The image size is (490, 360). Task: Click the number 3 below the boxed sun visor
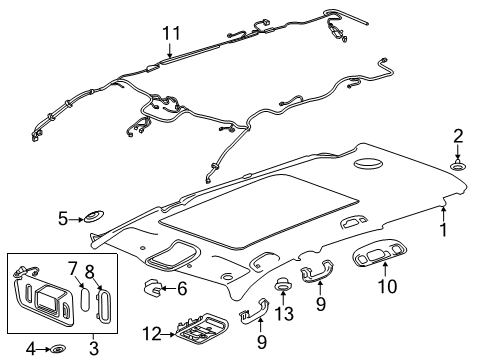pos(61,216)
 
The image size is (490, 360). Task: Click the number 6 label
pos(183,289)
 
